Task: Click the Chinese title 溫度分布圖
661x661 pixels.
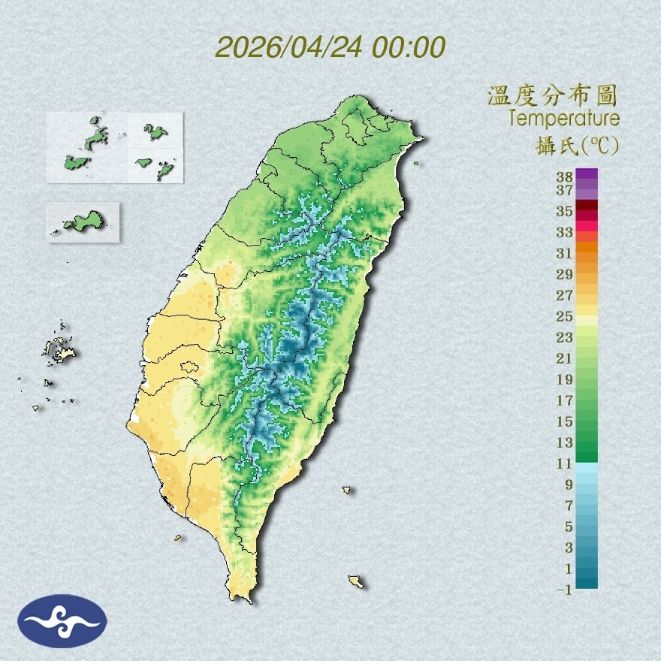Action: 552,95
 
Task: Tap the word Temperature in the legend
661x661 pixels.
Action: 563,119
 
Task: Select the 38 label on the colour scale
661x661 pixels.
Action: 565,177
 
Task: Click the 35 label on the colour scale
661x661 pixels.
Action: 565,211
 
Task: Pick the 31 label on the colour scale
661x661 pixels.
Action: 565,252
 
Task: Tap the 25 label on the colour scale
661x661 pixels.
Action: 565,315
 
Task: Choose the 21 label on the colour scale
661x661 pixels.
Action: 565,358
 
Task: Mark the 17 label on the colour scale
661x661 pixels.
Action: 565,400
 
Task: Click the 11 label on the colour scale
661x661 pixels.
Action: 565,463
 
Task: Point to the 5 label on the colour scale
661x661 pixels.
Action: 569,526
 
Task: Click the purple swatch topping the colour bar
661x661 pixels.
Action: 587,174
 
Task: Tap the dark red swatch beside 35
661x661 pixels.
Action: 587,205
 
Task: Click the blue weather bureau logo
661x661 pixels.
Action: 62,620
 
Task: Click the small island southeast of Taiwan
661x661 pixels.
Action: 356,581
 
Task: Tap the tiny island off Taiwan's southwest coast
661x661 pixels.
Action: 179,537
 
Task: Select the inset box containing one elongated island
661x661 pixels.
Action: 83,222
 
